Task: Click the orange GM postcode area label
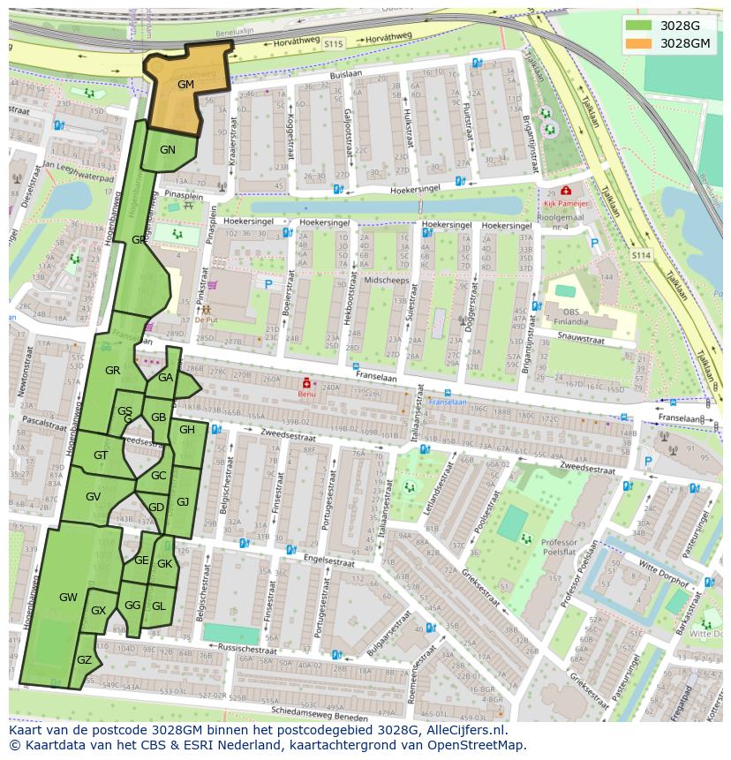coord(185,85)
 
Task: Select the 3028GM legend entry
coord(685,42)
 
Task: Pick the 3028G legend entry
coord(679,25)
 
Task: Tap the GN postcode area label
coord(168,150)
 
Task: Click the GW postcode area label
coord(68,598)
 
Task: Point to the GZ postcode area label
coord(85,660)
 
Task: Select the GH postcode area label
coord(187,430)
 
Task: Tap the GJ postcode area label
coord(183,501)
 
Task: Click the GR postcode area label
coord(112,371)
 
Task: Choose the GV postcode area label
coord(93,497)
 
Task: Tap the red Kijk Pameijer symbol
coord(565,191)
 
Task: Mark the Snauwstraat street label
coord(581,338)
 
